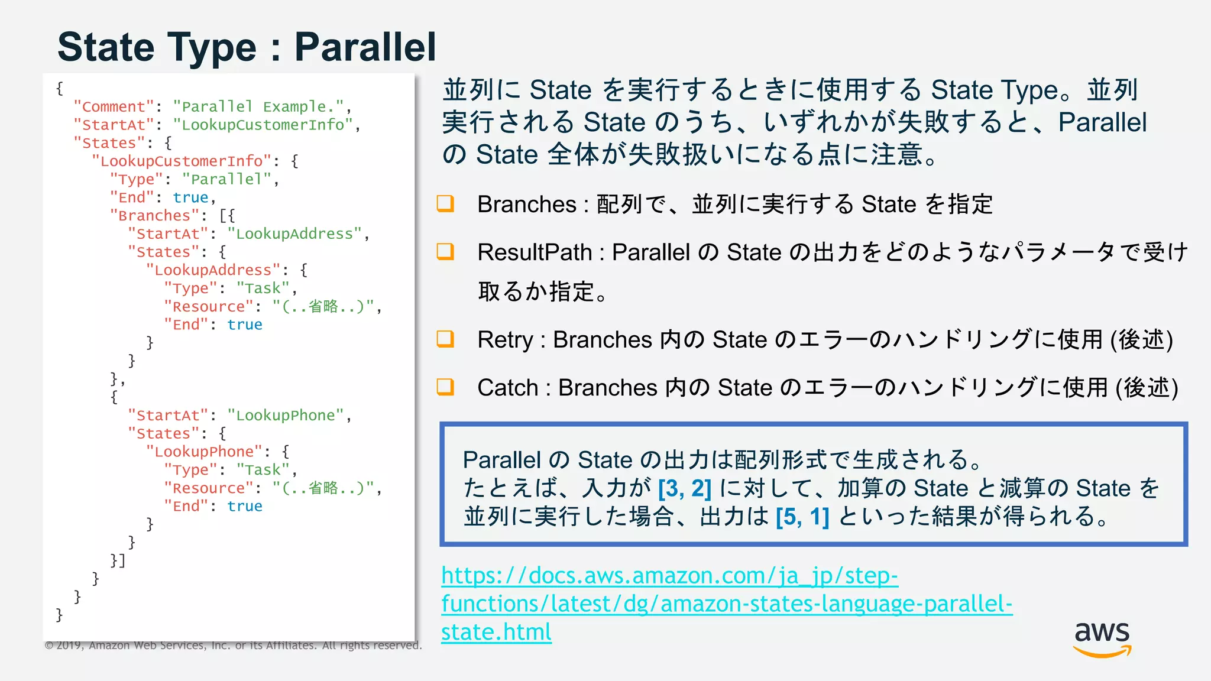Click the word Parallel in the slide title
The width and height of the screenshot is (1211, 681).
click(365, 47)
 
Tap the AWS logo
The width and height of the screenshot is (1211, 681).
click(1102, 639)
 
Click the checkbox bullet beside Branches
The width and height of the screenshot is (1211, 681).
click(445, 204)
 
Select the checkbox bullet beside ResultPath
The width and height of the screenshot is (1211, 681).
click(445, 252)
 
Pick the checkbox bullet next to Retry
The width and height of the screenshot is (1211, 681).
click(445, 339)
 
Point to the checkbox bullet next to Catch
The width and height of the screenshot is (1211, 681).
click(445, 387)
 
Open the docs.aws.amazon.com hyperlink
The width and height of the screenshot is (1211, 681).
click(669, 603)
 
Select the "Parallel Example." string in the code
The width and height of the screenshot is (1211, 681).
click(259, 107)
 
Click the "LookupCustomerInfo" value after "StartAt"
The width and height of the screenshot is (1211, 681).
click(263, 125)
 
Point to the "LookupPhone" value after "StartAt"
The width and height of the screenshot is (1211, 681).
click(286, 416)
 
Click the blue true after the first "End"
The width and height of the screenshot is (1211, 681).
click(190, 197)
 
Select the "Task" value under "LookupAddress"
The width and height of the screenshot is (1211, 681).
click(263, 288)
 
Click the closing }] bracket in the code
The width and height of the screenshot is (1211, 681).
click(118, 560)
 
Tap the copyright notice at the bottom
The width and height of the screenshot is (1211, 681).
click(233, 646)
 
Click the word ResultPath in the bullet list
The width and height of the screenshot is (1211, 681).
click(534, 252)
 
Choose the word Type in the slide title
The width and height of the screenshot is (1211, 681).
click(212, 47)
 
